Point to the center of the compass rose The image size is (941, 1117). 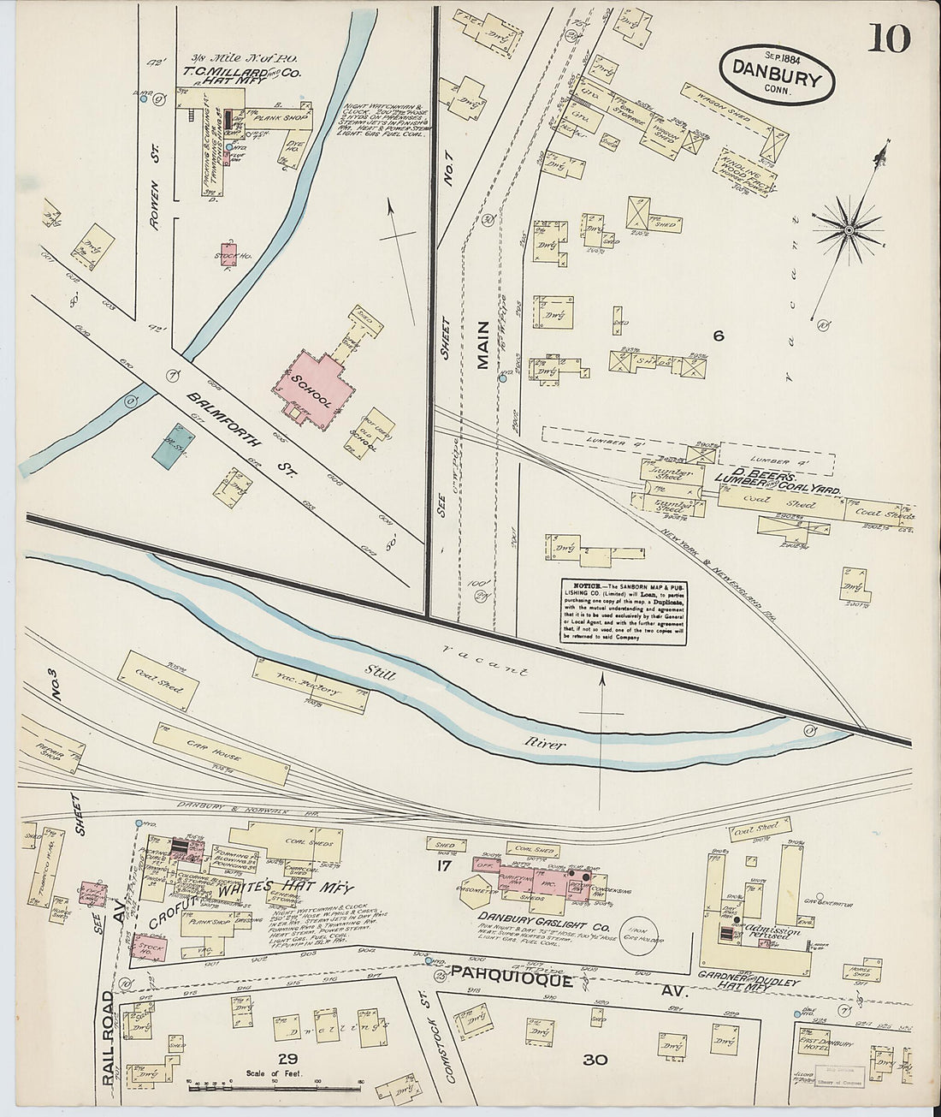pos(849,229)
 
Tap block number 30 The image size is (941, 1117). pos(595,1060)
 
